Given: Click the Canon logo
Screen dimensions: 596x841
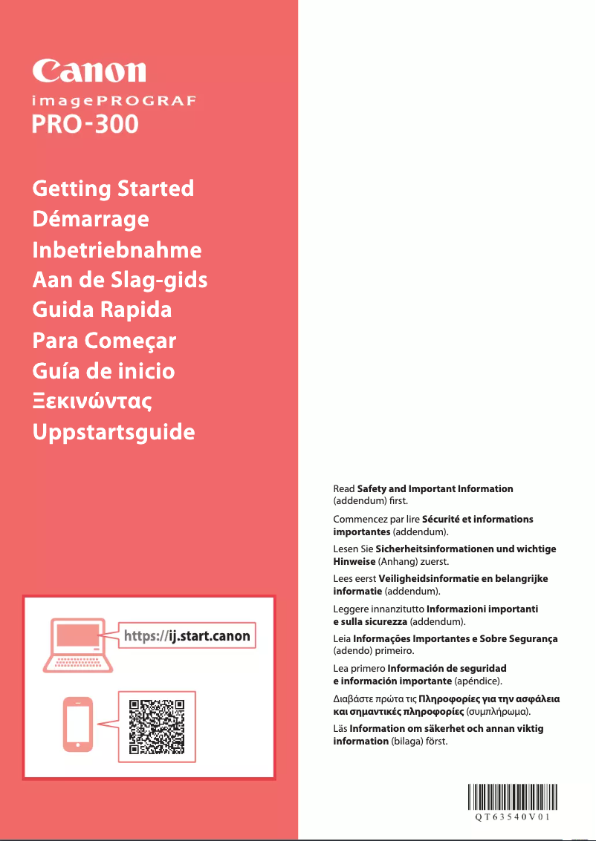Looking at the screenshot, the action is click(x=88, y=71).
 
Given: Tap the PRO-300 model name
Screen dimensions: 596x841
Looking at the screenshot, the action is click(x=85, y=123).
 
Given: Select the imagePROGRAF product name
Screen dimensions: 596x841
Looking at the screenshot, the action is click(x=113, y=101).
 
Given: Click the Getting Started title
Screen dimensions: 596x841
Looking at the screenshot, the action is click(x=113, y=189).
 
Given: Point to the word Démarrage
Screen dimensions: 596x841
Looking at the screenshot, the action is click(x=91, y=219).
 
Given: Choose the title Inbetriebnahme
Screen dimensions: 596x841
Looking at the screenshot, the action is click(x=117, y=249).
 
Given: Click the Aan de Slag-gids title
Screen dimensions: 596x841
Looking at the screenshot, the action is click(x=120, y=280).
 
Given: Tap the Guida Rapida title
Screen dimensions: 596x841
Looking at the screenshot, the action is click(x=102, y=310).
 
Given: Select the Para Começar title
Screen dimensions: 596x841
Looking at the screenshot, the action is click(x=104, y=341).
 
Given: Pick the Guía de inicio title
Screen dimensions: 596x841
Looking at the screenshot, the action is click(x=103, y=370).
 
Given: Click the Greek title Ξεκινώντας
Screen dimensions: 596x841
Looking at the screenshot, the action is click(x=92, y=402).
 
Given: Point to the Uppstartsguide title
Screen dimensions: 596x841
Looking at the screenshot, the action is click(x=114, y=432).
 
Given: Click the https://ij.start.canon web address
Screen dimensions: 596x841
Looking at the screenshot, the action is click(x=187, y=636).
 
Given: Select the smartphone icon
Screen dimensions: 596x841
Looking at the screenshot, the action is click(x=80, y=724).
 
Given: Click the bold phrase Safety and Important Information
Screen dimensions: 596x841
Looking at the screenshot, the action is click(x=435, y=488).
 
